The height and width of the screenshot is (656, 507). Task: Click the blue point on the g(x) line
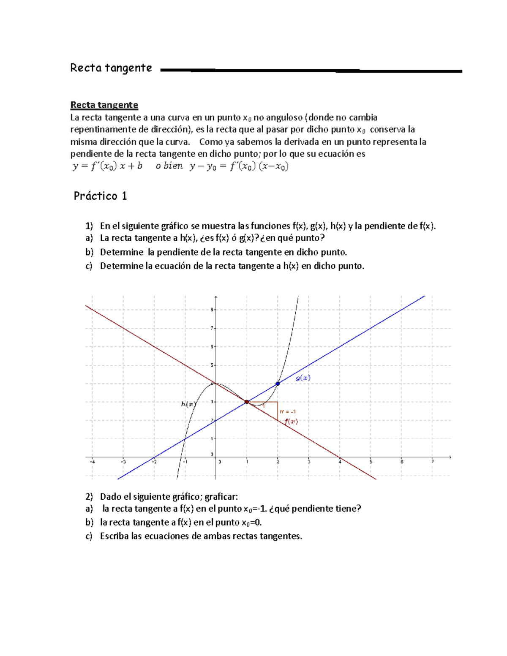coord(278,384)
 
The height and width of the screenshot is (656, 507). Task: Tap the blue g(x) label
coord(303,378)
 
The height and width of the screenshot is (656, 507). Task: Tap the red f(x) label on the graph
coord(291,421)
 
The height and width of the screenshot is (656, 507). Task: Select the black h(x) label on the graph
coord(188,404)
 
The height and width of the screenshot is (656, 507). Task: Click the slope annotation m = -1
coord(288,411)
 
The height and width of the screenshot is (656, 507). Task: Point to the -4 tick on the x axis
coord(92,462)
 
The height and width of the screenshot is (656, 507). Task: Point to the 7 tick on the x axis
coord(433,462)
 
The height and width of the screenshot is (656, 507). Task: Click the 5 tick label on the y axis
coord(212,365)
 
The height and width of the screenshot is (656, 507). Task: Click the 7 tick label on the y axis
coord(212,328)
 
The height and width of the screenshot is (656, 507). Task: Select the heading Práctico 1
coord(100,196)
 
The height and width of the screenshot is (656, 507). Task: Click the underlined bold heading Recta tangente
coord(104,105)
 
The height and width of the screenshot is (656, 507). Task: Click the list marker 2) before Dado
coord(89,496)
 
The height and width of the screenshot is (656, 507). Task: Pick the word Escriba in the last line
coord(114,536)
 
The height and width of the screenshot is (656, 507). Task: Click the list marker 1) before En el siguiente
coord(89,226)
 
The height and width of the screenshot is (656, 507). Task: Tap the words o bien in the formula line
coord(169,166)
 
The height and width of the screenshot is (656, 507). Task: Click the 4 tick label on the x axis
coord(340,462)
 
